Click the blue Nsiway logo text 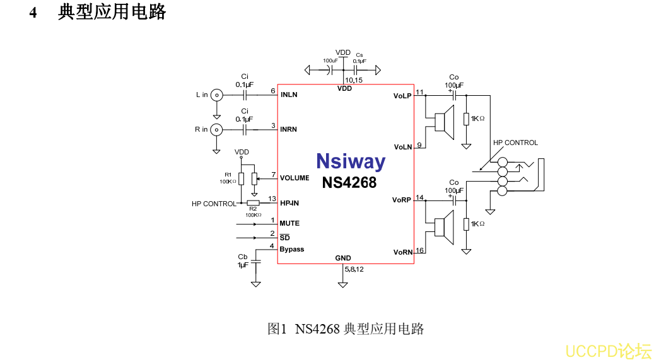point(350,161)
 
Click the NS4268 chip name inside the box point(349,182)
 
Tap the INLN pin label point(289,95)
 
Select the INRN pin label point(289,129)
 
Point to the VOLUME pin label point(295,178)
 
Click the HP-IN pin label point(289,203)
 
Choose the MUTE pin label point(289,223)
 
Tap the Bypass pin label point(292,249)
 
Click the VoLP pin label point(402,96)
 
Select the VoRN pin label point(403,252)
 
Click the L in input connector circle point(216,95)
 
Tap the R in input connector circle point(216,129)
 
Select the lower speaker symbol point(444,228)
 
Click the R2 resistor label point(253,208)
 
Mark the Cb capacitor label point(243,257)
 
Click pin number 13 point(272,199)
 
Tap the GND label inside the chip point(343,258)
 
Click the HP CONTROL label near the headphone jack point(515,142)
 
